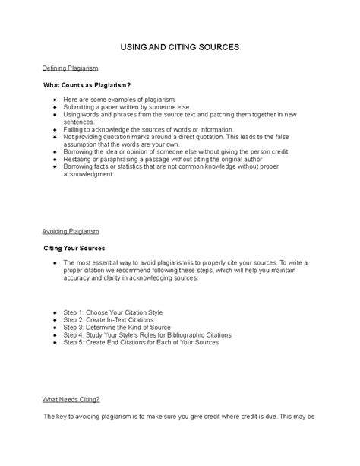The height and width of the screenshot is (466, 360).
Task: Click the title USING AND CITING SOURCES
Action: click(180, 47)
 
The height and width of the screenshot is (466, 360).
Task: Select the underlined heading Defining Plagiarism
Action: click(70, 68)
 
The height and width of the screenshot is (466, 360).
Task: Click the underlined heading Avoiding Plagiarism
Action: click(71, 230)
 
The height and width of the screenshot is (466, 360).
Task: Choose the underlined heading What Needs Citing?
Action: click(71, 399)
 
